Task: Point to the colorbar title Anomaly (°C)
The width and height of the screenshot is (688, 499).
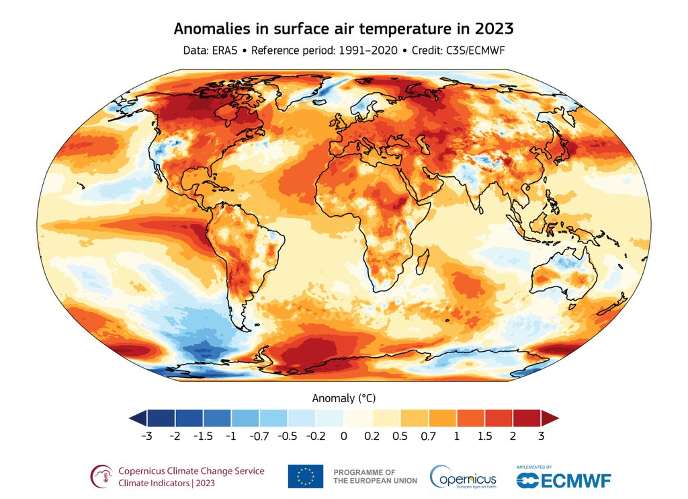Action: (343, 397)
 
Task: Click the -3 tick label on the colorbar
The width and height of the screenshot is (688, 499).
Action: (147, 436)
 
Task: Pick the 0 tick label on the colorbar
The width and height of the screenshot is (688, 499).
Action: (343, 436)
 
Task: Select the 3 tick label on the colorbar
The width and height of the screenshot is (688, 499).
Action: (541, 436)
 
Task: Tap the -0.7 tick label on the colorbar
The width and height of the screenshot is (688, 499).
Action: (259, 436)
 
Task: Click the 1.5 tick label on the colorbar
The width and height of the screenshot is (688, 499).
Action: (484, 436)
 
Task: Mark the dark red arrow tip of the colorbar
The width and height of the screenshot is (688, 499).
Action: (550, 418)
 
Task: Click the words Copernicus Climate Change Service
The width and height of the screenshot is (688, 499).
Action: (191, 471)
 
